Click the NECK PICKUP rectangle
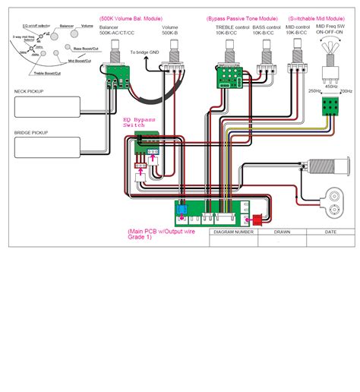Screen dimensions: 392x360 pyautogui.click(x=46, y=108)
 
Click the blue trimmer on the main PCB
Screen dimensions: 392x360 pyautogui.click(x=183, y=212)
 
